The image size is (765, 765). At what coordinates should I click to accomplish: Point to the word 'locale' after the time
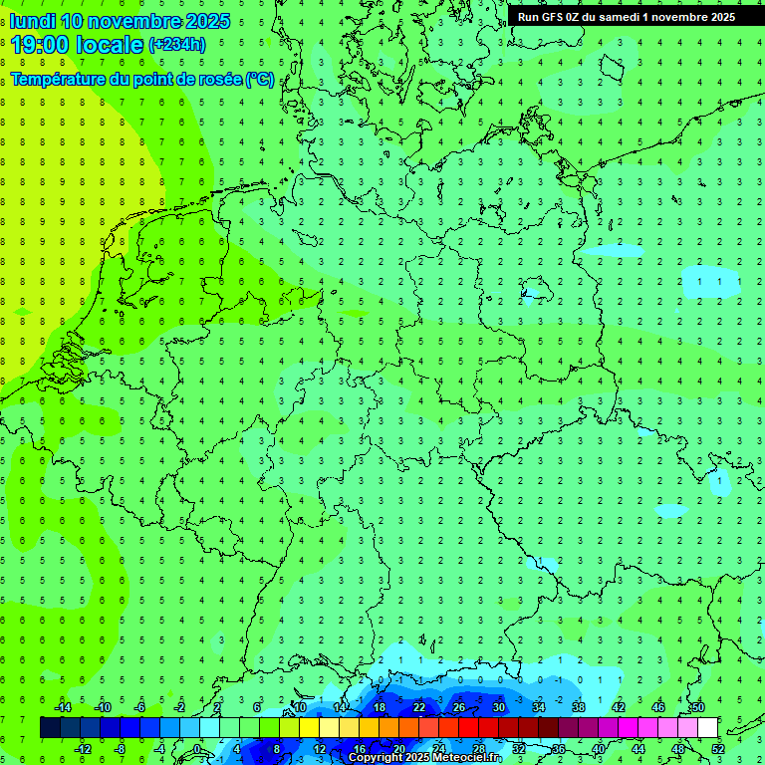point(113,45)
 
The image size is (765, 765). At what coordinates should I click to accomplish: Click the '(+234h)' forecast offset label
point(176,44)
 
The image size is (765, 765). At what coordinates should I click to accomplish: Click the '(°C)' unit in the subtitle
point(260,80)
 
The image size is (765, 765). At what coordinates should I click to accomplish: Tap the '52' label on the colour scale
point(718,749)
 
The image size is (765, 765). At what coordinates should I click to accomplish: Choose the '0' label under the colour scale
point(197,749)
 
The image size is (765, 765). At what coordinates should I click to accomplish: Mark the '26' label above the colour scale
point(459,707)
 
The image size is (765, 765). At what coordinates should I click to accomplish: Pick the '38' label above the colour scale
point(579,707)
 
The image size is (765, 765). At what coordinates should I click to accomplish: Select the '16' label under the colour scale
point(360,749)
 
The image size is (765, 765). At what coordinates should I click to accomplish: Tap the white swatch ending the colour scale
point(708,728)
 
